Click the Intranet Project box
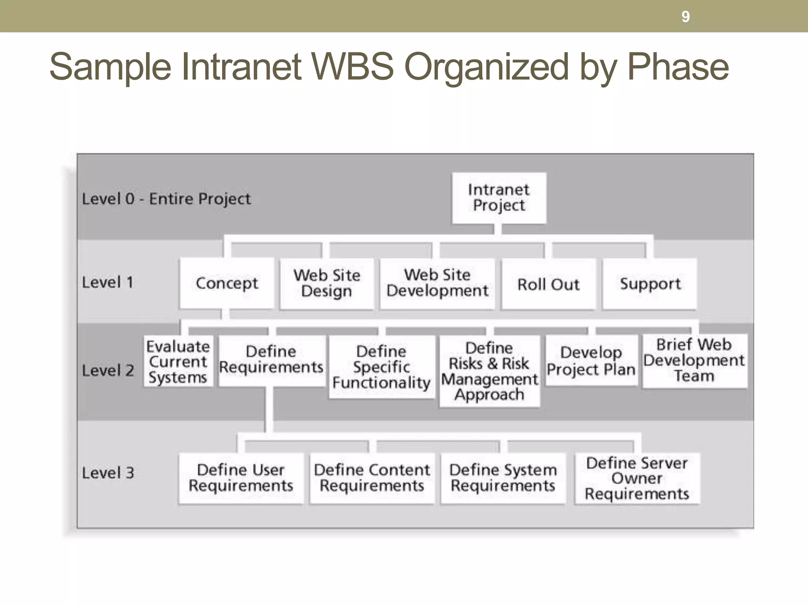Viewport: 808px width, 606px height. [499, 198]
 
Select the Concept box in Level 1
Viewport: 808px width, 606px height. [227, 283]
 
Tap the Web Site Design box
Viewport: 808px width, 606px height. [327, 283]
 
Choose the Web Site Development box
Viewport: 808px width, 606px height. [437, 283]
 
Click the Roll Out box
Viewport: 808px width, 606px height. [548, 284]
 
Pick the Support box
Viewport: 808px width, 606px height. [650, 284]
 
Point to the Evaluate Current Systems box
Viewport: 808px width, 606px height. [178, 362]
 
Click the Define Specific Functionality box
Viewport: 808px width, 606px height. [382, 367]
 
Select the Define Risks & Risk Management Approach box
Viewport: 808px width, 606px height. [489, 371]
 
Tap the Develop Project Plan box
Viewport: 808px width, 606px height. [591, 361]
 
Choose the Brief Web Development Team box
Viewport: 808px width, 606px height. [694, 360]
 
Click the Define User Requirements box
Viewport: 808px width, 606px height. [241, 478]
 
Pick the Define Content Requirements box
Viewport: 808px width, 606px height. [372, 478]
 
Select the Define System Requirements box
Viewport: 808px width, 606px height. [503, 478]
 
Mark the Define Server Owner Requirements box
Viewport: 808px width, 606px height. [637, 478]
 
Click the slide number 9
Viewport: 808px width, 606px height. [686, 17]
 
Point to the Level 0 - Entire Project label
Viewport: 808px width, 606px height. [166, 199]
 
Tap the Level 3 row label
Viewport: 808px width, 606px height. [108, 473]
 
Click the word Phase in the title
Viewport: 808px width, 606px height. [678, 67]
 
